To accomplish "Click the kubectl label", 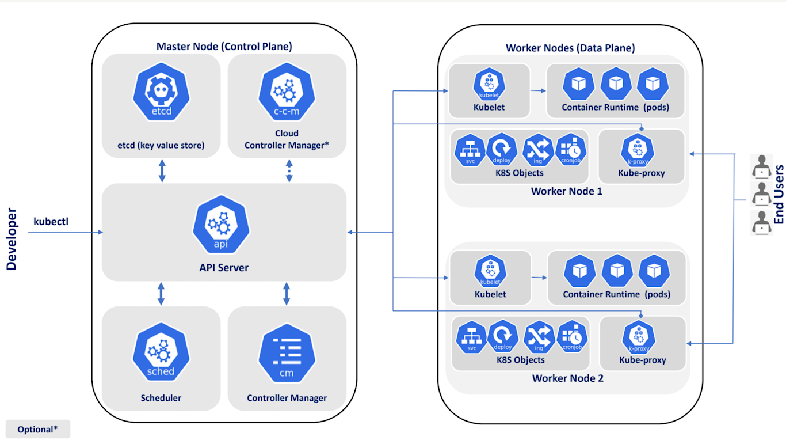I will click(x=51, y=221).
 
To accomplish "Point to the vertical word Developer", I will click(x=12, y=239).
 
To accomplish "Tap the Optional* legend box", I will click(x=37, y=429).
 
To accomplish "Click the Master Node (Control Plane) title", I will click(x=224, y=46).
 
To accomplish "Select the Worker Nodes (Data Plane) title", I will click(x=570, y=48).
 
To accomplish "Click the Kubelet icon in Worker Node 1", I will click(x=489, y=85).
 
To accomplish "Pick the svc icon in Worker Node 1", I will click(x=470, y=150).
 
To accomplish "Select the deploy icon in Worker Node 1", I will click(x=502, y=150).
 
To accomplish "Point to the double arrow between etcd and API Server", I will click(x=162, y=171).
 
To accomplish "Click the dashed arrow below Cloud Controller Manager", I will click(x=289, y=171).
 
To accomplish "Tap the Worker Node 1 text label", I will click(x=566, y=191).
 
